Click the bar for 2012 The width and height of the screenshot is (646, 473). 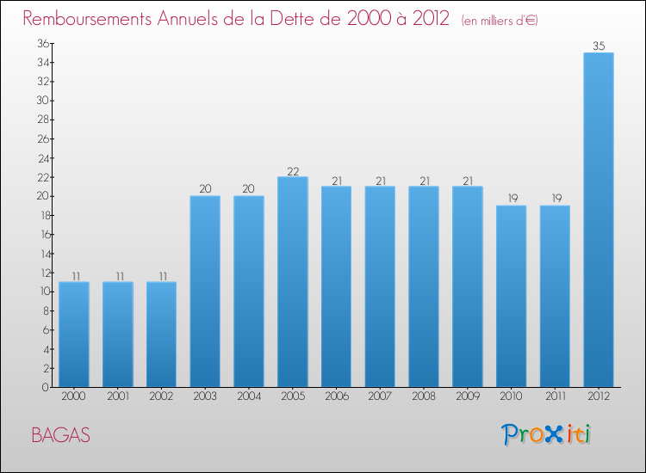coord(599,219)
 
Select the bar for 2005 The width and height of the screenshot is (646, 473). coord(293,281)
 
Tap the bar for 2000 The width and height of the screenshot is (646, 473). coord(74,334)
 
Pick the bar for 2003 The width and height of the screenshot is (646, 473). coord(205,291)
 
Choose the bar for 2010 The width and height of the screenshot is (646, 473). coord(511,296)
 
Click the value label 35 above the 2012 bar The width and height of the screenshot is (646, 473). coord(599,46)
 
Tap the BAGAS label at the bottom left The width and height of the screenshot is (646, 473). coord(60,435)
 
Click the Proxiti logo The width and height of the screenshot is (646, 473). coord(547,434)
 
